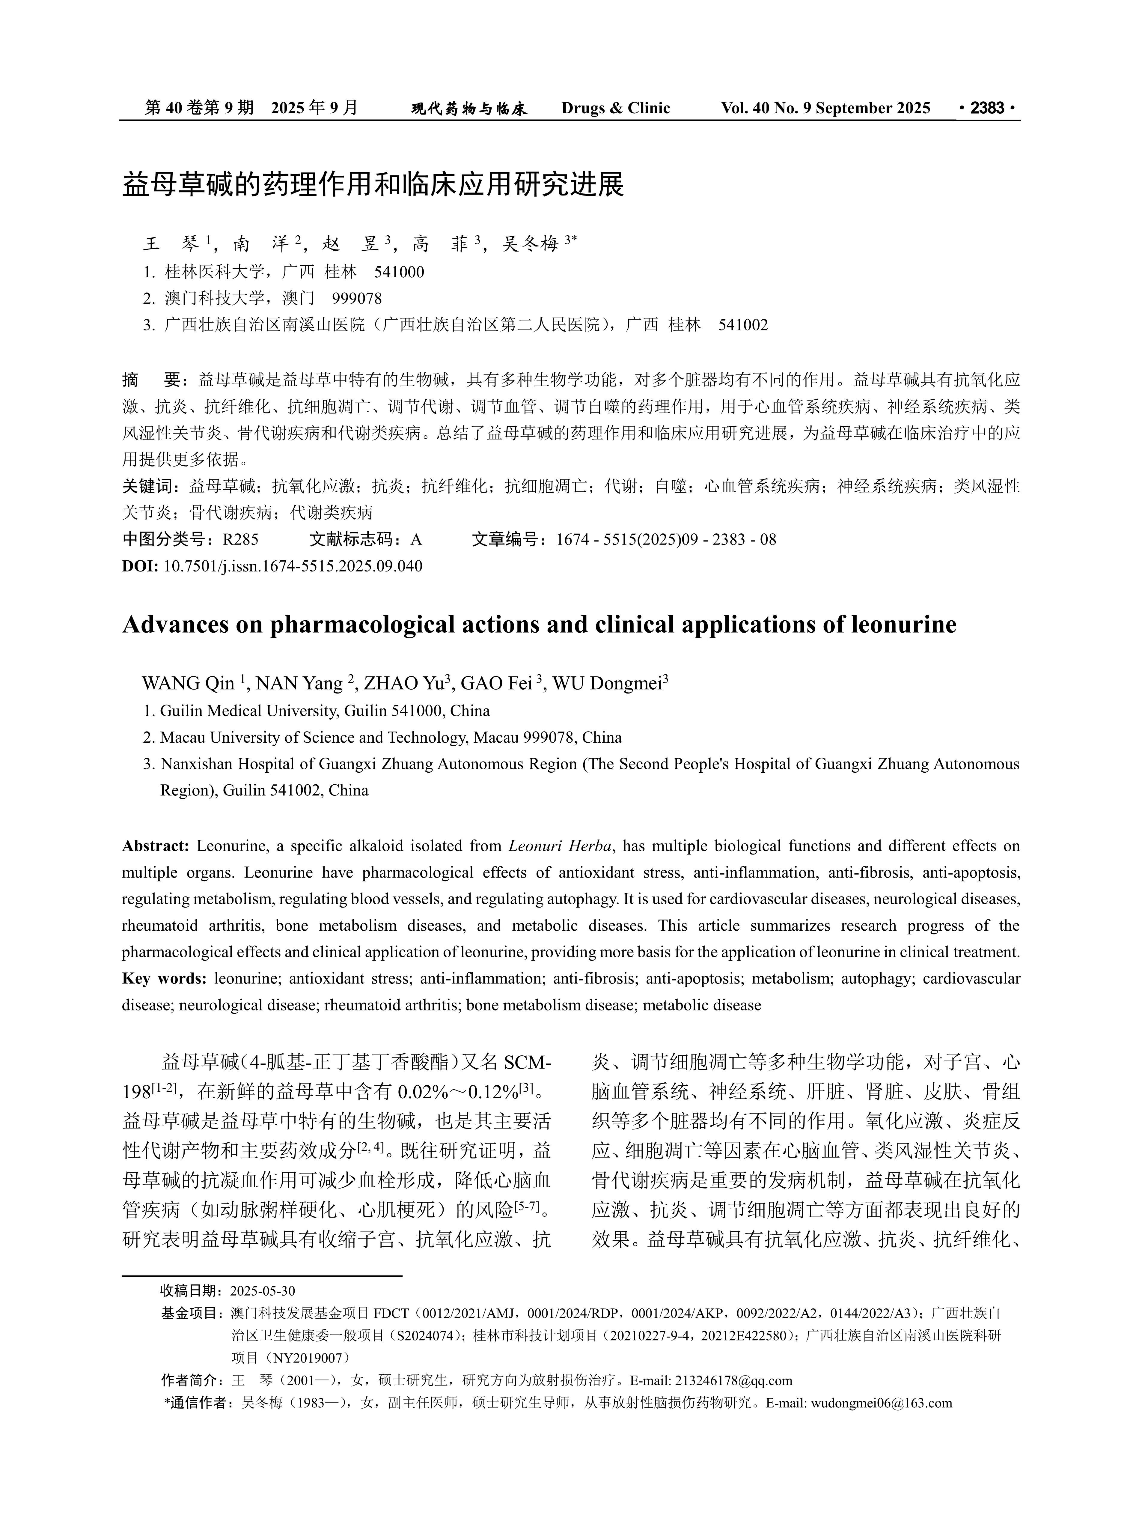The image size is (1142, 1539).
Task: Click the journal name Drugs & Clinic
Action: [x=615, y=108]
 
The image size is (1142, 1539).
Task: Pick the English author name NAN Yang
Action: [x=299, y=684]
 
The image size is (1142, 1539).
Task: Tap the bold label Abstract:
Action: [x=156, y=846]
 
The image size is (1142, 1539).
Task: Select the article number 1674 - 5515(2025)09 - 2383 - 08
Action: [x=666, y=539]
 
